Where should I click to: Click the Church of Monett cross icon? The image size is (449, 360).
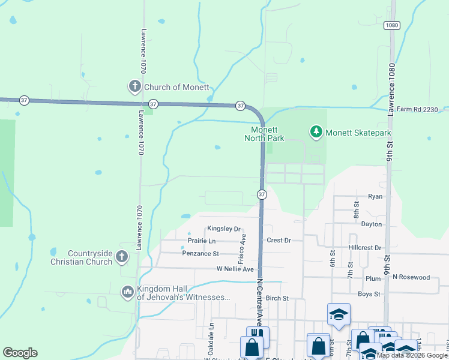coord(134,87)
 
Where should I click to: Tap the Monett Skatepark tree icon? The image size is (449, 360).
coord(316,131)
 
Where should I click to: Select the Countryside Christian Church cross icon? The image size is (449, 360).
coord(121,257)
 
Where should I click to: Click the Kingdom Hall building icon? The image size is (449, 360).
coord(127,292)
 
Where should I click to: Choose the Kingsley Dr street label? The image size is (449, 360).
coord(223,229)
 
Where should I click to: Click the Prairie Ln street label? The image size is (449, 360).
coord(202,241)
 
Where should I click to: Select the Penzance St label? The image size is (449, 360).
coord(200,254)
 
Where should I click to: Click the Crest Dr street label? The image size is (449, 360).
coord(279,240)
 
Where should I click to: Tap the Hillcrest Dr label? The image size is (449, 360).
coord(364,247)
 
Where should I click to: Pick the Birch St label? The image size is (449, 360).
coord(277,298)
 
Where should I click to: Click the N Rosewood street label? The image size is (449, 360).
coord(411,277)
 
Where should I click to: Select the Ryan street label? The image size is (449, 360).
coord(375,196)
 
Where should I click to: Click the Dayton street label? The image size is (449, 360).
coord(372,224)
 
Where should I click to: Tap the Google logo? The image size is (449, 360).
coord(20,353)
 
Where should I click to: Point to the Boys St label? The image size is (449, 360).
coord(369,294)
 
